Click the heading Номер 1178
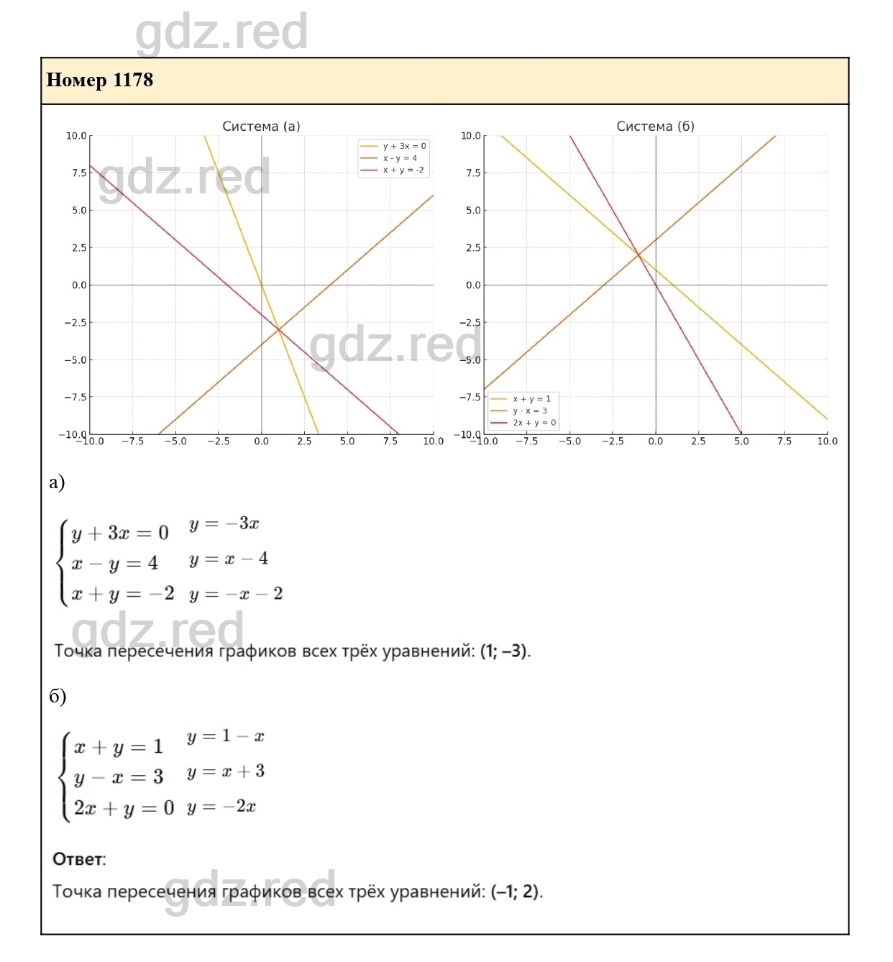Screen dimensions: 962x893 pyautogui.click(x=100, y=80)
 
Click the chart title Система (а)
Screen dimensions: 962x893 pyautogui.click(x=261, y=127)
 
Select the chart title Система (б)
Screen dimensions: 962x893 pyautogui.click(x=655, y=127)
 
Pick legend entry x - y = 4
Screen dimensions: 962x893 pyautogui.click(x=400, y=158)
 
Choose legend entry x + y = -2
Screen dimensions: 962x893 pyautogui.click(x=403, y=170)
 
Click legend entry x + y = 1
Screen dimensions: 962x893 pyautogui.click(x=531, y=399)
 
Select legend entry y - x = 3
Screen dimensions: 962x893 pyautogui.click(x=530, y=411)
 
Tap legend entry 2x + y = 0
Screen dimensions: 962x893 pyautogui.click(x=534, y=423)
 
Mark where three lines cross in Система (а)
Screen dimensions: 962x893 pyautogui.click(x=279, y=330)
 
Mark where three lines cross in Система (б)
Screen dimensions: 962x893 pyautogui.click(x=638, y=255)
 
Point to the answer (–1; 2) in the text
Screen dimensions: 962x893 pyautogui.click(x=516, y=892)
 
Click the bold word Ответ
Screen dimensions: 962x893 pyautogui.click(x=78, y=859)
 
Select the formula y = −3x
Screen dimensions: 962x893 pyautogui.click(x=224, y=523)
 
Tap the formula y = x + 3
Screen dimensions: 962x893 pyautogui.click(x=226, y=772)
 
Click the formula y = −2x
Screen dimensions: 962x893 pyautogui.click(x=221, y=807)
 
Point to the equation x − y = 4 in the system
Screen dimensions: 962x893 pyautogui.click(x=115, y=564)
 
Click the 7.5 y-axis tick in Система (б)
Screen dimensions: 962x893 pyautogui.click(x=472, y=173)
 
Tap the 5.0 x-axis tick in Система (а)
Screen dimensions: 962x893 pyautogui.click(x=347, y=441)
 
